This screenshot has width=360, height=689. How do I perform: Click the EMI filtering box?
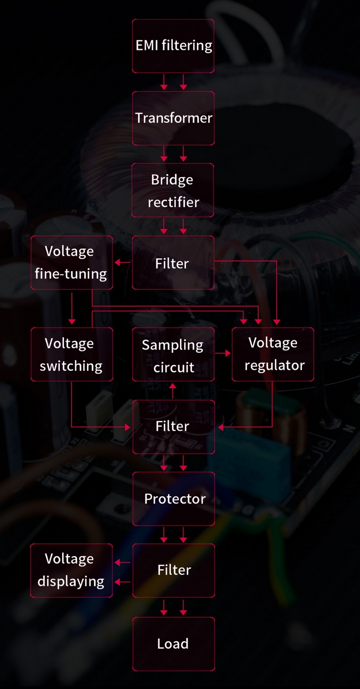[173, 46]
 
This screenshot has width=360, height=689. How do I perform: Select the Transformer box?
[173, 118]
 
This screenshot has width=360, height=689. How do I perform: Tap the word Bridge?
[172, 180]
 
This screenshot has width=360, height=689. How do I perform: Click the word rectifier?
[173, 202]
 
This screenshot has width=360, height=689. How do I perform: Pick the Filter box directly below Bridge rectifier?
[173, 263]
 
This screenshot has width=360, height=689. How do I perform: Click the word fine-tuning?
[71, 274]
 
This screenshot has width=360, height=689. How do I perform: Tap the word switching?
[71, 366]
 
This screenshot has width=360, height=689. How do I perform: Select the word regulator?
[274, 365]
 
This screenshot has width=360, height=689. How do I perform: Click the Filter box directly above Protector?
[173, 426]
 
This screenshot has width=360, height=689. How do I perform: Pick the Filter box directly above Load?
[174, 570]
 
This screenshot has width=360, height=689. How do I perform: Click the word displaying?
[71, 581]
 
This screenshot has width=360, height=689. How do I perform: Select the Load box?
[173, 644]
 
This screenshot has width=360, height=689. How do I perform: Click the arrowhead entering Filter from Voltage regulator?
[220, 427]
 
